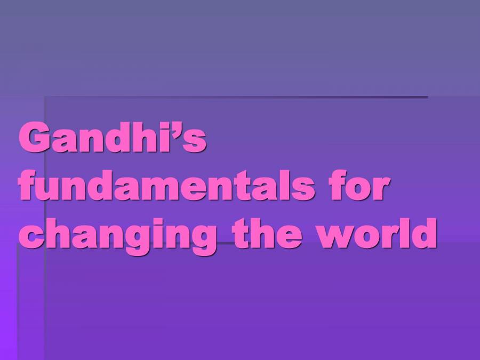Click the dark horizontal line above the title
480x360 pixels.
[x=235, y=97]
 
